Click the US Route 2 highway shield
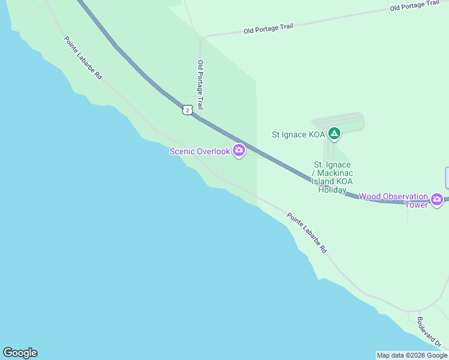[188, 110]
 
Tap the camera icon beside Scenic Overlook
[239, 151]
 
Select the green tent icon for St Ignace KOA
[334, 134]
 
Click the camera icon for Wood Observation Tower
[437, 199]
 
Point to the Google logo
[20, 353]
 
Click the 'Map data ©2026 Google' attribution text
[412, 355]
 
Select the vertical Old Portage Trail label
[201, 85]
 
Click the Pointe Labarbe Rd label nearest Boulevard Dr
[307, 233]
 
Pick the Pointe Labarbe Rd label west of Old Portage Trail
[83, 58]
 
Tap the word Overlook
[215, 151]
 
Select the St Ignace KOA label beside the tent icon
[298, 134]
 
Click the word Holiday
[333, 190]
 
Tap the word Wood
[370, 196]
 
